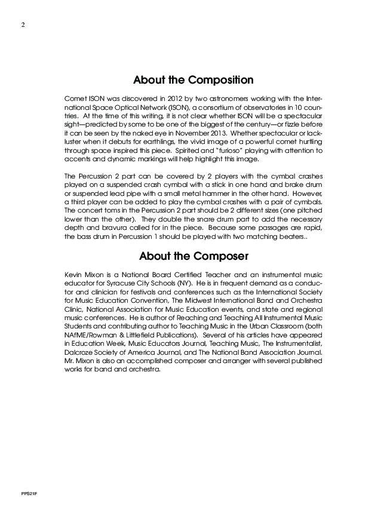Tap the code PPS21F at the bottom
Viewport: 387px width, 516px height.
[25, 496]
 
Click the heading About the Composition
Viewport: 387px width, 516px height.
[193, 80]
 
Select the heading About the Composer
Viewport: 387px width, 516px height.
[193, 257]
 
